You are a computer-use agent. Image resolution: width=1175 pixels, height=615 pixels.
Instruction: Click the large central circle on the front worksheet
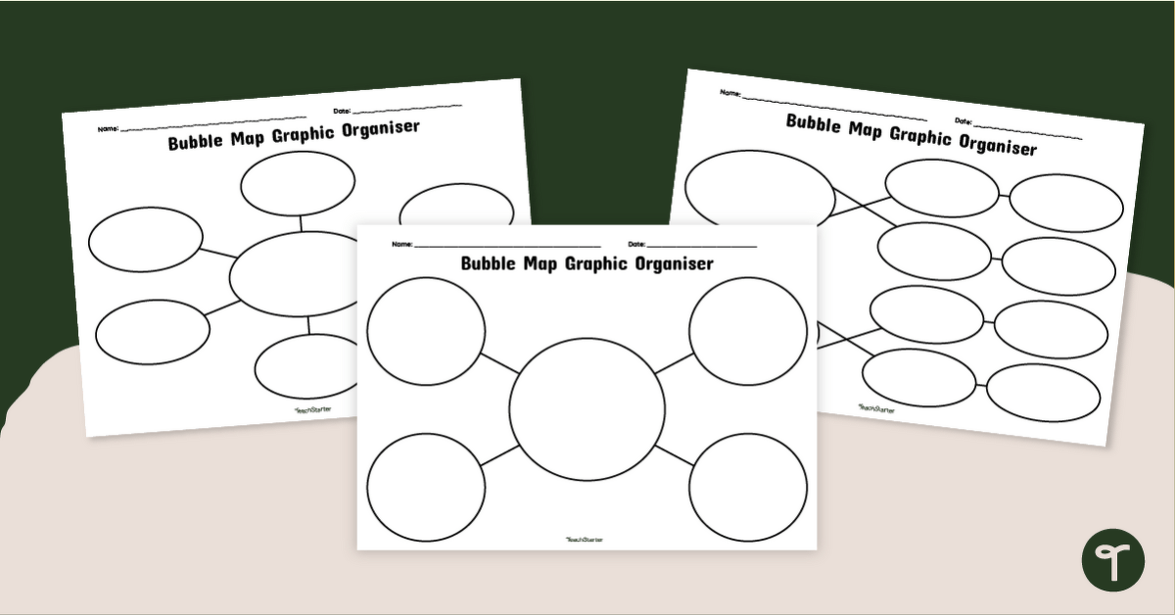coord(587,409)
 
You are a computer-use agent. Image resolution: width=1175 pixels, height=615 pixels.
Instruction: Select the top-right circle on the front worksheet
coord(748,331)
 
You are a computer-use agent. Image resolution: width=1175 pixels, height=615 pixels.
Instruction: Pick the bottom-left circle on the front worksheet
coord(426,487)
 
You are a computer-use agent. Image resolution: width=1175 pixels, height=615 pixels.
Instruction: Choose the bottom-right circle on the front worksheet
coord(748,487)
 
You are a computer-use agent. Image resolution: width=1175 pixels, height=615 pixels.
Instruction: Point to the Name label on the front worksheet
coord(401,243)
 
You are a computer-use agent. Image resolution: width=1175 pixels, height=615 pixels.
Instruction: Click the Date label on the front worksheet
coord(636,243)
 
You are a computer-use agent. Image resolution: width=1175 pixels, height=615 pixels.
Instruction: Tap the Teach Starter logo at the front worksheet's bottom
coord(585,539)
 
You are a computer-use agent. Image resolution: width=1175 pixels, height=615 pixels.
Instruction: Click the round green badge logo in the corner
coord(1113,560)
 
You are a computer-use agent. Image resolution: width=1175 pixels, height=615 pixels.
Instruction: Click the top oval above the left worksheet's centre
coord(298,184)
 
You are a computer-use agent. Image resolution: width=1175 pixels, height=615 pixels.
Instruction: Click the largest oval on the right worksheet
coord(759,190)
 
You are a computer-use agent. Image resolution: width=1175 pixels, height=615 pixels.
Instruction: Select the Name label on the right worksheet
coord(730,93)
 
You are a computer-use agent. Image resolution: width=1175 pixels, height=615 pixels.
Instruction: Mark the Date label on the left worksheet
coord(342,111)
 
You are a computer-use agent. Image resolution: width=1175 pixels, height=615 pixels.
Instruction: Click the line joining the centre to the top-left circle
coord(499,361)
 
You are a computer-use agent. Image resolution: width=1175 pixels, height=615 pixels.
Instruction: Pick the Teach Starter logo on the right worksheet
coord(875,408)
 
